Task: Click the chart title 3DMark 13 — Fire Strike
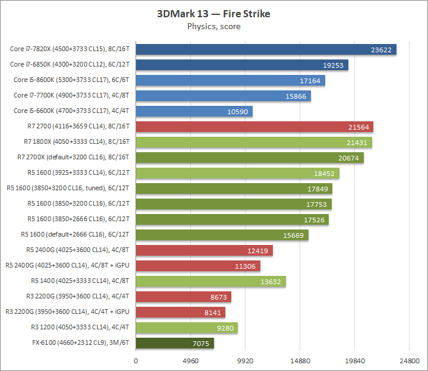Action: (x=213, y=14)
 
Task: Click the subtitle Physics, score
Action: (x=213, y=26)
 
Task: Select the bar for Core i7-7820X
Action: (x=266, y=50)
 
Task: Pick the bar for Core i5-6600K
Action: (x=194, y=112)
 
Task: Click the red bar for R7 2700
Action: (x=254, y=127)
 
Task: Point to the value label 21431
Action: (x=357, y=143)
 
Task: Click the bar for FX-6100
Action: (x=175, y=343)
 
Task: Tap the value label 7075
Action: (x=199, y=343)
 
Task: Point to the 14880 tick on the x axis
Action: (x=300, y=361)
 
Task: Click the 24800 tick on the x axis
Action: (x=409, y=361)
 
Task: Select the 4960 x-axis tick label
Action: (x=190, y=361)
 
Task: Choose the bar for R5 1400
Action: (x=210, y=281)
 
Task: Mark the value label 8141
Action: (x=210, y=312)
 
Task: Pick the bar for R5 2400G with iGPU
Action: (x=198, y=266)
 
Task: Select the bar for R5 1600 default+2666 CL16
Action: (x=222, y=235)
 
